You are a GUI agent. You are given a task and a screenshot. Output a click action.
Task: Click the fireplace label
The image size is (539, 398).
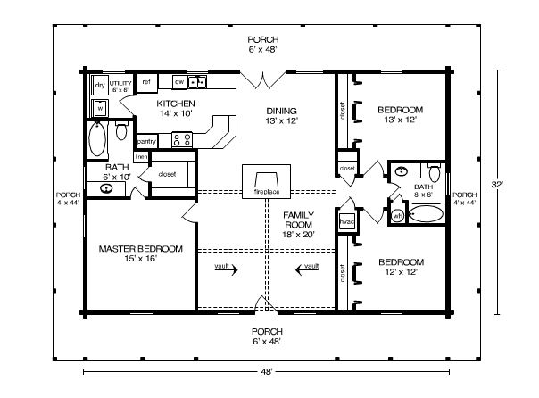click(267, 192)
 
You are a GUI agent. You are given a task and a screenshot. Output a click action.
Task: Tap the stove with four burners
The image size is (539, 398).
click(182, 139)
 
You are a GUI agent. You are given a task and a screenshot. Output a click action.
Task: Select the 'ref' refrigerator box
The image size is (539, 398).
click(146, 83)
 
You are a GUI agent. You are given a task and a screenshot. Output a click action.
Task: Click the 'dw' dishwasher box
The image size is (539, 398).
click(179, 82)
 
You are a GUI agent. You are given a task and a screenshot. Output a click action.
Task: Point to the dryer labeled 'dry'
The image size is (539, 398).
click(100, 85)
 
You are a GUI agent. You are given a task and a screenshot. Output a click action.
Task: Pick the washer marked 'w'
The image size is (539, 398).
click(100, 109)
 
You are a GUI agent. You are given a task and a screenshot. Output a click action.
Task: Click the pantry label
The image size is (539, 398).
click(146, 141)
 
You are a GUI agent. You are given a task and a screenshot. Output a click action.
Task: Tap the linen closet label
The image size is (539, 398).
click(141, 157)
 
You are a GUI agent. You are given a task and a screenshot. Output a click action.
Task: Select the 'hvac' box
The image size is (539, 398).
click(346, 221)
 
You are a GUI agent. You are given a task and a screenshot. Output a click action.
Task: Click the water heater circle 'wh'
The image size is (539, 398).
click(398, 216)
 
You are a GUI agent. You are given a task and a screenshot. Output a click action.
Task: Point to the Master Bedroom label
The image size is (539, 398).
click(141, 253)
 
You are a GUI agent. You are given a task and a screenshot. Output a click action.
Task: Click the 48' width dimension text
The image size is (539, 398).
click(267, 371)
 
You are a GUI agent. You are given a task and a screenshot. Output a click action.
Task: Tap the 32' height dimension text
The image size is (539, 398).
click(497, 184)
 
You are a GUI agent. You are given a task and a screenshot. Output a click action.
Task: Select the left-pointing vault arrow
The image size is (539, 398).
click(307, 269)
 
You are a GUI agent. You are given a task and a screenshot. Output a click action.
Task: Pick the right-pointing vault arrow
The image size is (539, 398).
click(226, 269)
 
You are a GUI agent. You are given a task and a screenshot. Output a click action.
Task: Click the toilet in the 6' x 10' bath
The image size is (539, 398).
click(121, 130)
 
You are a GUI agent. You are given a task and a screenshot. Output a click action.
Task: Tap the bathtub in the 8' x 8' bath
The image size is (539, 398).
click(427, 214)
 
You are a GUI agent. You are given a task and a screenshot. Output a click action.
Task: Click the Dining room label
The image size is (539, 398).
click(281, 115)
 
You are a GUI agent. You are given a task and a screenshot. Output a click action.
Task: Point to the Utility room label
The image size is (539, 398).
click(120, 87)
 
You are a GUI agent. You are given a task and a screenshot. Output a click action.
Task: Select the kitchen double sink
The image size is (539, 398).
click(197, 82)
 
